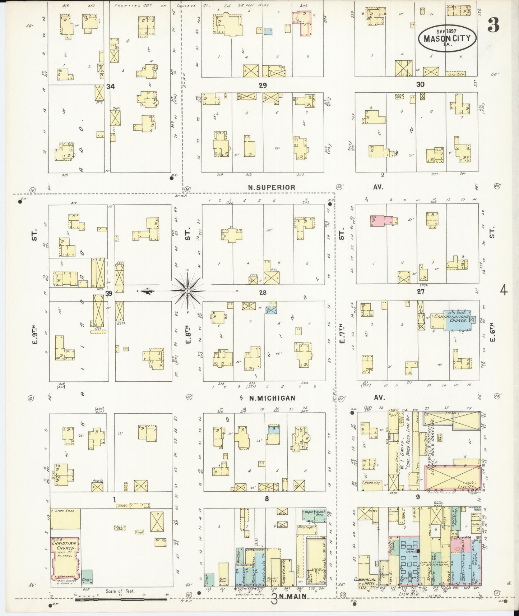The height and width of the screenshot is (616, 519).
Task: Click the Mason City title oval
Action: point(447,38)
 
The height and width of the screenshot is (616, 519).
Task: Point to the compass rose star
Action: point(187,290)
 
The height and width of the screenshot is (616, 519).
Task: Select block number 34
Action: point(110,86)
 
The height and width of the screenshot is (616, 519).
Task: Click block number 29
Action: point(263,86)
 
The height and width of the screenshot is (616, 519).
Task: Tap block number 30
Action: point(420,84)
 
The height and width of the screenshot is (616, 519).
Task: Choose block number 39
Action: point(109,293)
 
